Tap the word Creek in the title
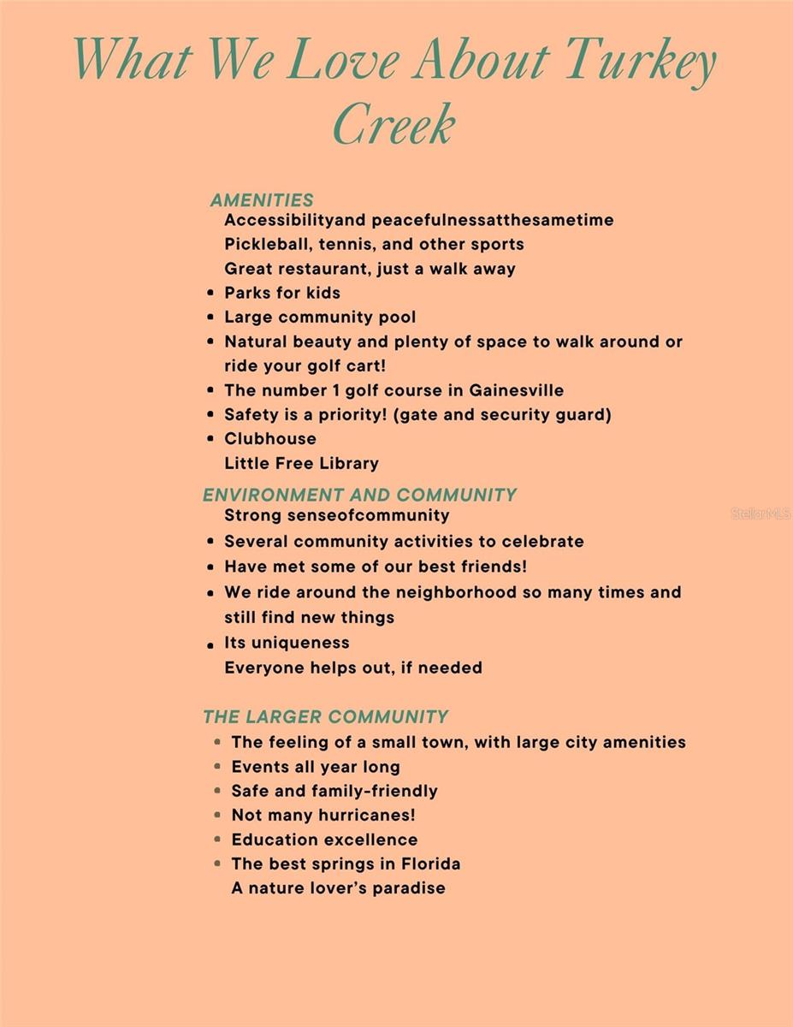click(394, 124)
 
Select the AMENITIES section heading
click(262, 200)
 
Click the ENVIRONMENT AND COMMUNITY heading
click(359, 495)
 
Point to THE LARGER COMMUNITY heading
click(325, 716)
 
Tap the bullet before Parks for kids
click(210, 293)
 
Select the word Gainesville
click(517, 390)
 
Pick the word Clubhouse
click(270, 438)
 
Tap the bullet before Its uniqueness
click(210, 644)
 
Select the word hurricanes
click(366, 816)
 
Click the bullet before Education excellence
click(217, 840)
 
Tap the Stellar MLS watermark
click(760, 513)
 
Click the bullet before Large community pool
click(210, 318)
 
